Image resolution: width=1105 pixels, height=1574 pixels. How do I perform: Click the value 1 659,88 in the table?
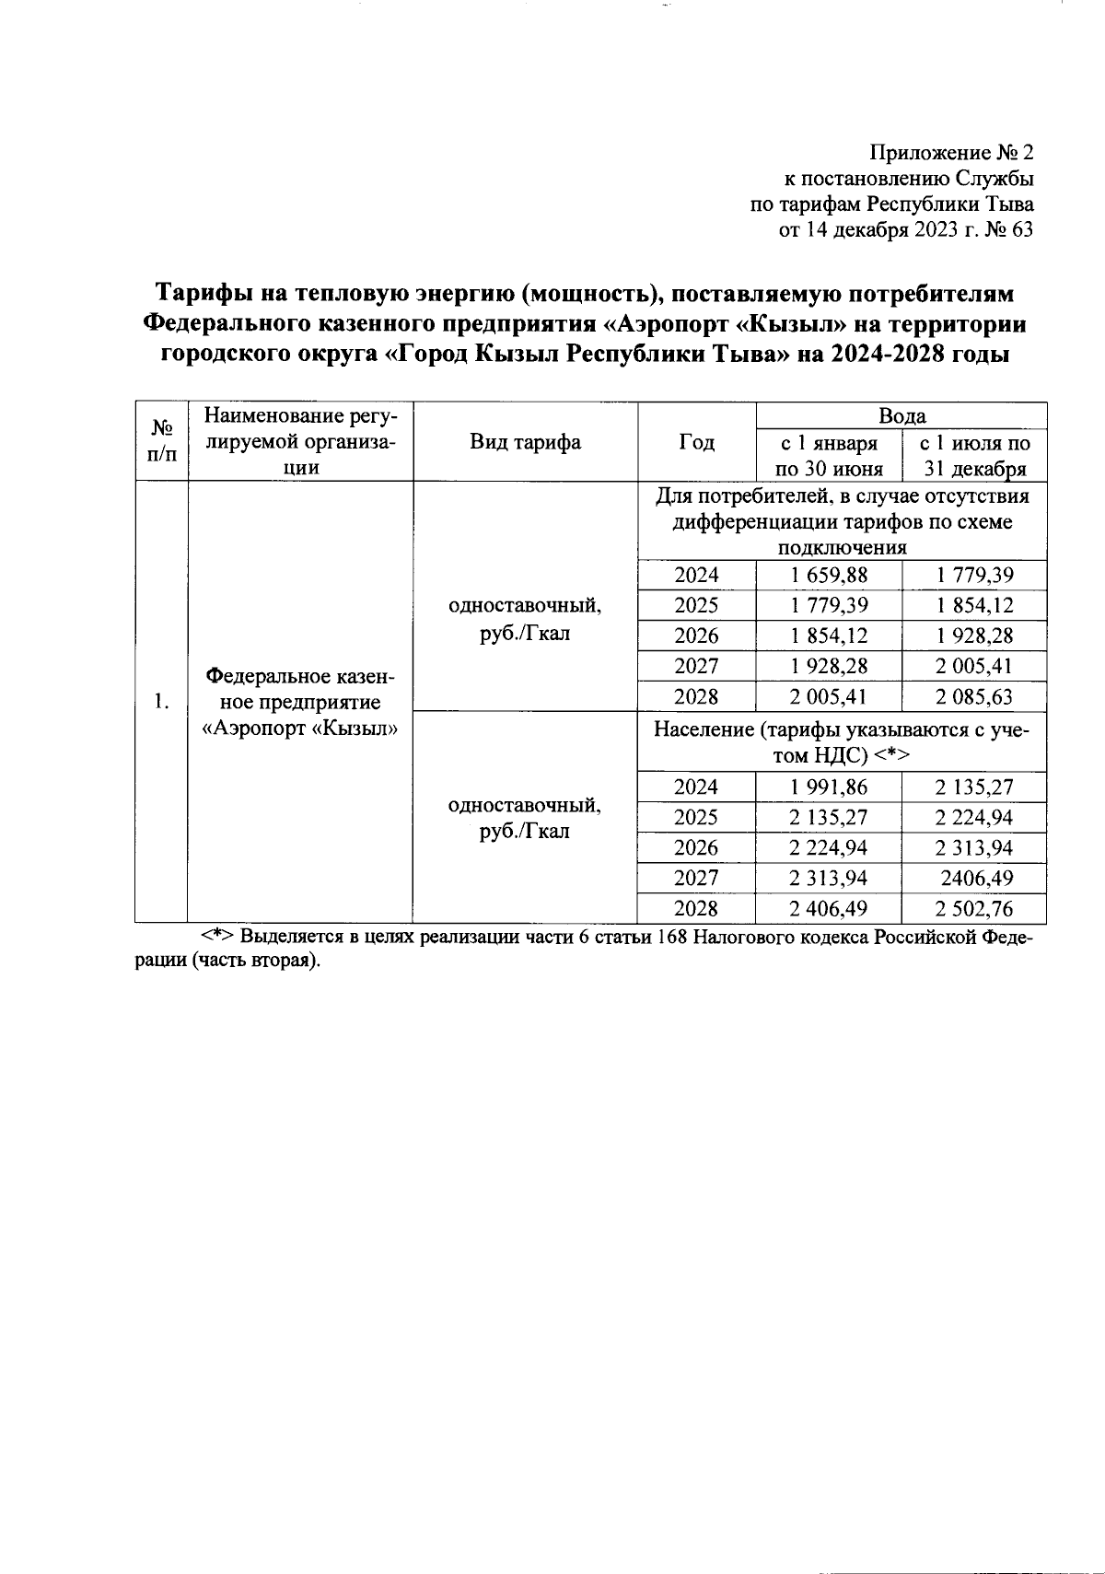(829, 576)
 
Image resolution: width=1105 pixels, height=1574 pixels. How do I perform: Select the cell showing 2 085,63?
(974, 696)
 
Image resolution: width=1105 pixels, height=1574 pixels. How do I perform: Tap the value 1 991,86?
(829, 787)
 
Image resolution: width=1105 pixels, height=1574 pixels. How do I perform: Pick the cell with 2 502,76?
(974, 909)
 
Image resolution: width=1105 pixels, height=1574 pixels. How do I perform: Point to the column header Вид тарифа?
(525, 442)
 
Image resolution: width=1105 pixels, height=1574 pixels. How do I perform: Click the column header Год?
(696, 442)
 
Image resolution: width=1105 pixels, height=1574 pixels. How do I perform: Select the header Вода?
(901, 415)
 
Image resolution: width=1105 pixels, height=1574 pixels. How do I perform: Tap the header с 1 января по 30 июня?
(829, 456)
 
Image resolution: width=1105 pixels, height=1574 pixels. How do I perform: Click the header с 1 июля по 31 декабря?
(974, 456)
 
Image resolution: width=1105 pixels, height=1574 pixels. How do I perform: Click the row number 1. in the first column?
(161, 702)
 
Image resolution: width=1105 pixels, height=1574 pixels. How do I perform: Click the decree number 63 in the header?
(1021, 230)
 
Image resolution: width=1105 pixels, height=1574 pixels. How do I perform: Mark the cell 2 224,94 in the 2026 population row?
(829, 848)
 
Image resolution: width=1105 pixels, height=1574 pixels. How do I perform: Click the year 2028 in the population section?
(696, 909)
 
